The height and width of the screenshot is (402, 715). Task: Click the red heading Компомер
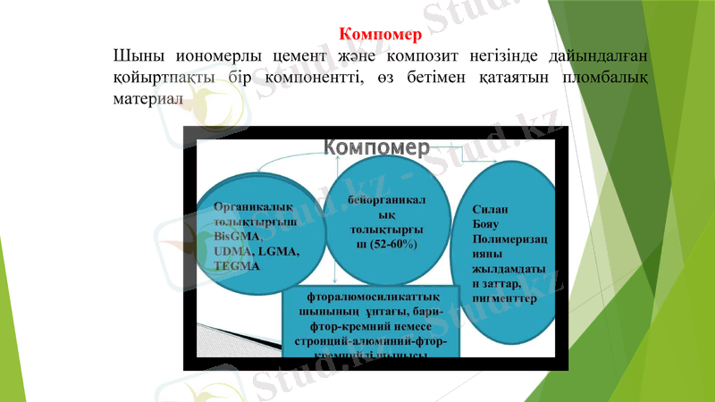(x=380, y=36)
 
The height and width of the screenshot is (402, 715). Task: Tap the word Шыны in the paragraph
(x=135, y=57)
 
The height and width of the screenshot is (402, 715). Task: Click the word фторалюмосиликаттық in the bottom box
(x=372, y=296)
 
